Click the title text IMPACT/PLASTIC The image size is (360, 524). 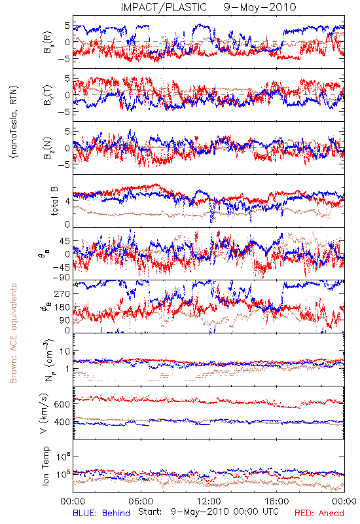pos(164,7)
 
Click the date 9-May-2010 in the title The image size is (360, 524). pos(260,7)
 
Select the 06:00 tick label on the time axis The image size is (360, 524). pos(141,501)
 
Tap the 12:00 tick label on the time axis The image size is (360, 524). pos(209,501)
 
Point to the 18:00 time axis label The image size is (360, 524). pos(277,501)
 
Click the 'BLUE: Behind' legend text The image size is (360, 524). pos(101,513)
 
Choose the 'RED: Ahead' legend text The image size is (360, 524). pos(319,513)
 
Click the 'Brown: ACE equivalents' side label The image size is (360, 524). pos(13,333)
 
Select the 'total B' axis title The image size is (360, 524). pos(54,201)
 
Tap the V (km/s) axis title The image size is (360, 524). pos(44,413)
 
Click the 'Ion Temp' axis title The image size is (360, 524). pos(45,466)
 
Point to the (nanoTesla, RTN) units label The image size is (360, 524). pos(14,121)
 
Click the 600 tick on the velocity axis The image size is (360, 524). pos(62,404)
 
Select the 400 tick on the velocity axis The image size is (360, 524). pos(62,422)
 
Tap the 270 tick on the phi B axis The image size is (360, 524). pos(62,293)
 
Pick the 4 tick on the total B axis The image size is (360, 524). pos(68,201)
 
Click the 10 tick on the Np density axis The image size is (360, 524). pos(65,352)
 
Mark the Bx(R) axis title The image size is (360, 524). pos(48,42)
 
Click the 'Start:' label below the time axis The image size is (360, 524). pos(150,512)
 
